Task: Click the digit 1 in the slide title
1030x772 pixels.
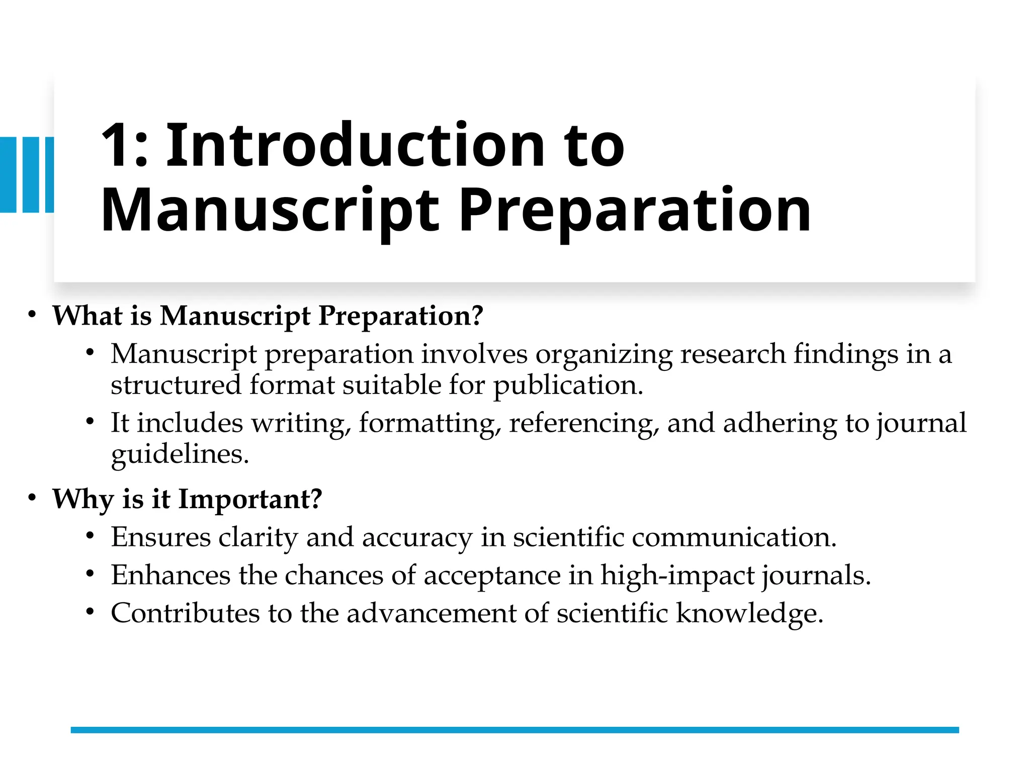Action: point(115,146)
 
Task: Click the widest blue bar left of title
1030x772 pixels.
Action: point(8,174)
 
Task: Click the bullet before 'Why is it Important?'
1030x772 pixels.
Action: point(32,498)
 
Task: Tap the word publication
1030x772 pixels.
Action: point(567,386)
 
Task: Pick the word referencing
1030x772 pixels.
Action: point(583,423)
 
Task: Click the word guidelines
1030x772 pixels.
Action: point(180,454)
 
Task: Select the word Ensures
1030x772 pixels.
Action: point(160,537)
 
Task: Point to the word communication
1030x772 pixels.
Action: point(734,537)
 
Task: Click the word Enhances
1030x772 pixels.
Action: point(170,575)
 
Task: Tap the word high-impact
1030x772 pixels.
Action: point(677,575)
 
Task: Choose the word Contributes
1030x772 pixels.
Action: point(186,614)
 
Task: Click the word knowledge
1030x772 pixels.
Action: point(749,614)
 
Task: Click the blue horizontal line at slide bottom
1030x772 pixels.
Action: point(514,730)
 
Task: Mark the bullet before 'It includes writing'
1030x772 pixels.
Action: point(90,422)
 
